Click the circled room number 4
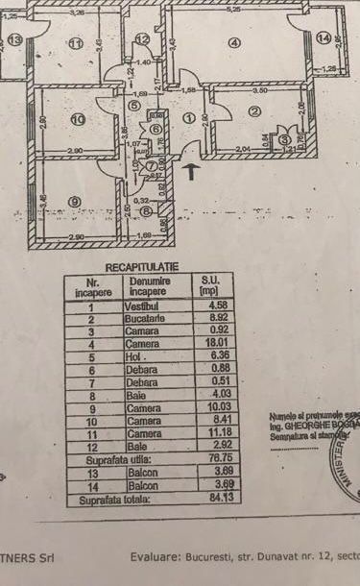233,42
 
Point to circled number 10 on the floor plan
78,119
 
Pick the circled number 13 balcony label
13,39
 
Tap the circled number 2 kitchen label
253,112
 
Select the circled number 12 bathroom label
141,39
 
